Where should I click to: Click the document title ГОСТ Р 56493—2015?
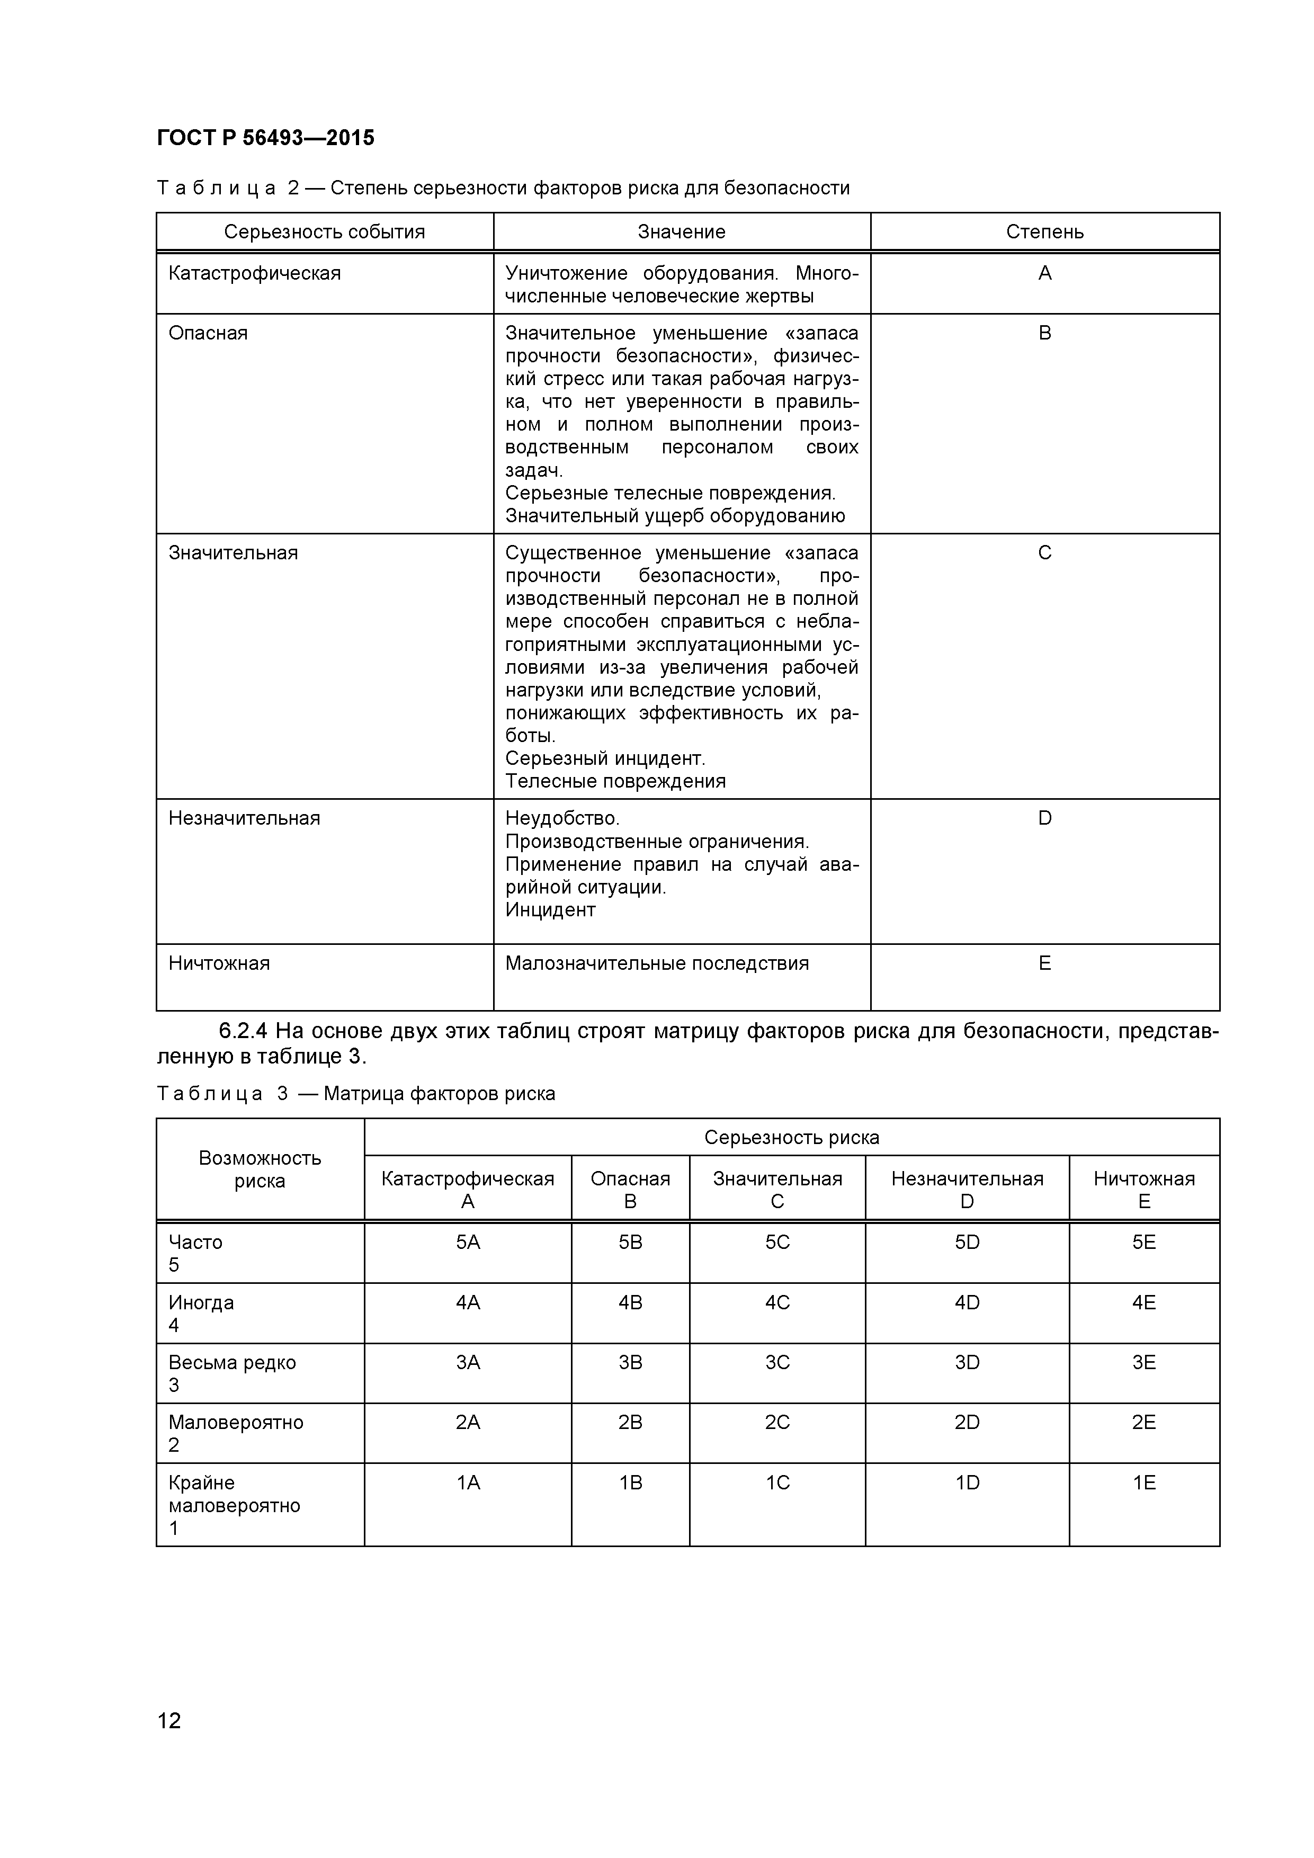click(265, 138)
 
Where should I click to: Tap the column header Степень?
click(1044, 232)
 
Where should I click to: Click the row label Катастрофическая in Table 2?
click(254, 273)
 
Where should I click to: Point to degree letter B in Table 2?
click(1044, 333)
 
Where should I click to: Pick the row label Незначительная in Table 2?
click(244, 818)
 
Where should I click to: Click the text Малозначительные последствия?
click(656, 963)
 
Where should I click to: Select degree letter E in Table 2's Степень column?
click(1044, 963)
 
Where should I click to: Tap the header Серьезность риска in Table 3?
click(791, 1137)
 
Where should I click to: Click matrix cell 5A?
click(468, 1242)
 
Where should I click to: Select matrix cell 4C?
click(777, 1302)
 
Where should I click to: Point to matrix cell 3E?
click(1143, 1362)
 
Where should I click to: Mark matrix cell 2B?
click(630, 1422)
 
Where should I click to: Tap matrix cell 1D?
click(967, 1482)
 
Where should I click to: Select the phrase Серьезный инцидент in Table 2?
click(604, 758)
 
